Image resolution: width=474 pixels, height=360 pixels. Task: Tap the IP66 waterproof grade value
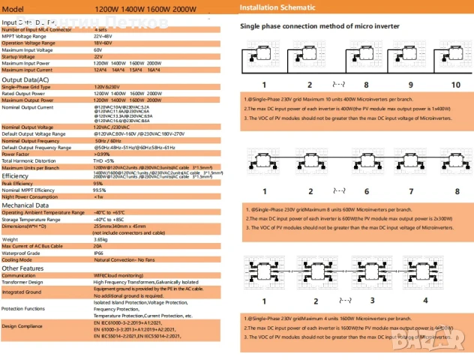click(98, 253)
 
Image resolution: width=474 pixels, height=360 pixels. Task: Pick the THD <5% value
click(104, 160)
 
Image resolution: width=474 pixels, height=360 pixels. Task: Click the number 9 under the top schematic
click(409, 85)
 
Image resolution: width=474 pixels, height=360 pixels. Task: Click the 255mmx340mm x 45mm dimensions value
click(124, 225)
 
